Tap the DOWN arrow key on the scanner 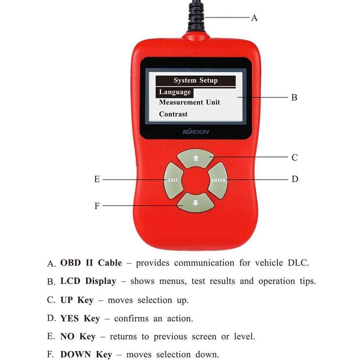pyautogui.click(x=195, y=203)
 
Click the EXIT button pyautogui.click(x=173, y=181)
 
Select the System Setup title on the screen pyautogui.click(x=196, y=81)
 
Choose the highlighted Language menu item pyautogui.click(x=175, y=92)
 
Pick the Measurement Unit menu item pyautogui.click(x=189, y=102)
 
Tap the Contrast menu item pyautogui.click(x=173, y=114)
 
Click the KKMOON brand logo pyautogui.click(x=196, y=132)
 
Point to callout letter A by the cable pyautogui.click(x=254, y=18)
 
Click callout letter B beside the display pyautogui.click(x=294, y=97)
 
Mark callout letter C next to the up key pyautogui.click(x=294, y=157)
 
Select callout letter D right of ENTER pyautogui.click(x=295, y=179)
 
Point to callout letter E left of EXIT pyautogui.click(x=97, y=179)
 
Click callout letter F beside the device pyautogui.click(x=97, y=206)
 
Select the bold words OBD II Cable pyautogui.click(x=91, y=263)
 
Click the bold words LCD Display pyautogui.click(x=88, y=281)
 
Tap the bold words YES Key pyautogui.click(x=80, y=318)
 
